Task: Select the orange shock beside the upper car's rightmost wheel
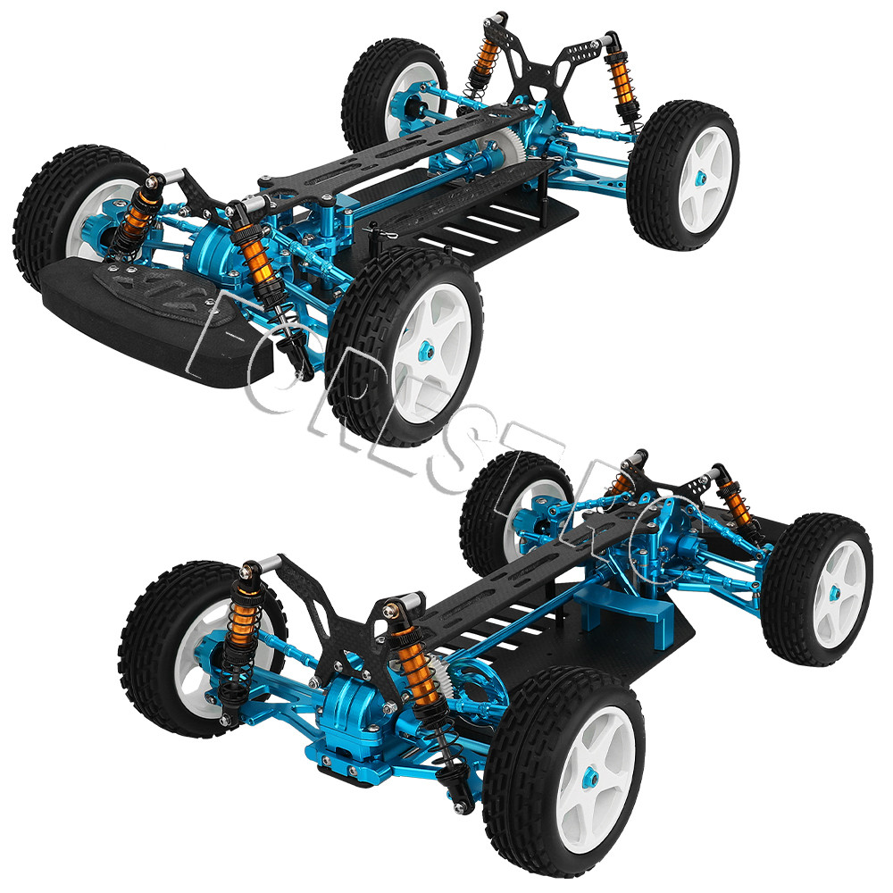pos(619,85)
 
